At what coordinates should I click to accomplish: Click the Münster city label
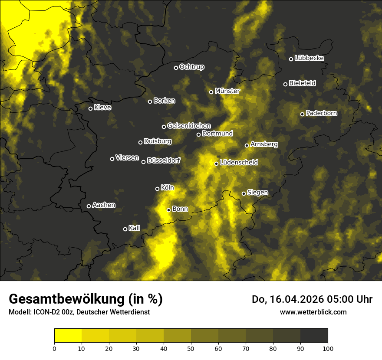click(x=227, y=91)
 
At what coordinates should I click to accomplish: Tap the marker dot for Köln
click(x=157, y=189)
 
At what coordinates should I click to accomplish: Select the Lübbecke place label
click(x=309, y=58)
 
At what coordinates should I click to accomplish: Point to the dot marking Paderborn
click(x=302, y=114)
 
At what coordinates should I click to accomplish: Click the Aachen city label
click(x=104, y=205)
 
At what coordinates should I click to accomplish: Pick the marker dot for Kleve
click(x=90, y=108)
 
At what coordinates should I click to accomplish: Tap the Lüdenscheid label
click(x=239, y=163)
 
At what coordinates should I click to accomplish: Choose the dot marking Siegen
click(x=244, y=193)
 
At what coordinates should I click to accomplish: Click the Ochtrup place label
click(x=191, y=67)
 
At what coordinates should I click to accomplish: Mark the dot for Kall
click(x=125, y=229)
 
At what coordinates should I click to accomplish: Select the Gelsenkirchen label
click(x=189, y=126)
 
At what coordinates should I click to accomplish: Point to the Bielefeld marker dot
click(x=285, y=84)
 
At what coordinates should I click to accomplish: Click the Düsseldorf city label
click(x=164, y=161)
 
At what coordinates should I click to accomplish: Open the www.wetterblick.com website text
click(x=313, y=312)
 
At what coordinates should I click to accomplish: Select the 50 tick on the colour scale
click(x=191, y=348)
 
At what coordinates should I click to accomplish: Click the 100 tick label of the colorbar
click(x=328, y=348)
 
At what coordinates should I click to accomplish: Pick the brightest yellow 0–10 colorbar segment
click(x=68, y=336)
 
